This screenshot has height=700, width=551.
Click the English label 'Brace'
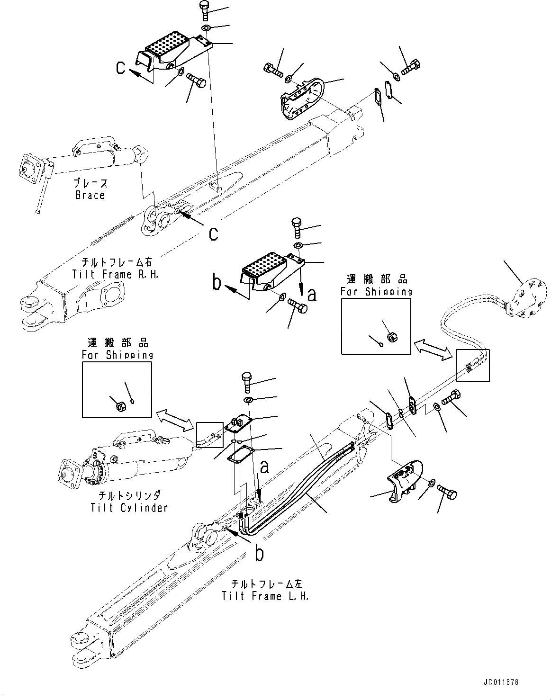(90, 195)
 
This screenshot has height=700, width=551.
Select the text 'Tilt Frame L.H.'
(265, 596)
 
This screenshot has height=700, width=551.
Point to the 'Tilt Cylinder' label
(129, 508)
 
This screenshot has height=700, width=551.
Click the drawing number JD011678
(501, 683)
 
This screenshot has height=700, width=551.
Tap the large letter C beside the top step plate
(122, 69)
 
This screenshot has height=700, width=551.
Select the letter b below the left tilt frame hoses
(259, 553)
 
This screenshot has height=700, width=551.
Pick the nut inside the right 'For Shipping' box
(392, 337)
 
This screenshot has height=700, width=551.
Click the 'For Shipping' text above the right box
(376, 292)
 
